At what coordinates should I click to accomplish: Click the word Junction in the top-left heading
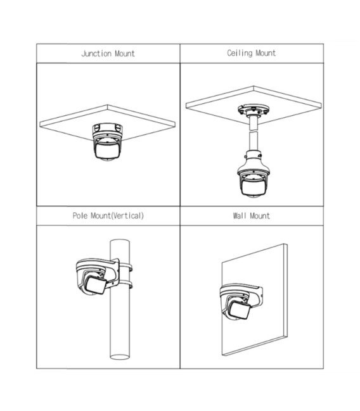(96, 54)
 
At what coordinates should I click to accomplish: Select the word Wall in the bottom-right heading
(240, 216)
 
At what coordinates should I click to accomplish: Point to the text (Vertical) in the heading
(128, 216)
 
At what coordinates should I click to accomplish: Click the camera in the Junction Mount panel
(107, 142)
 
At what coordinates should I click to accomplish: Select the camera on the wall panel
(240, 301)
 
